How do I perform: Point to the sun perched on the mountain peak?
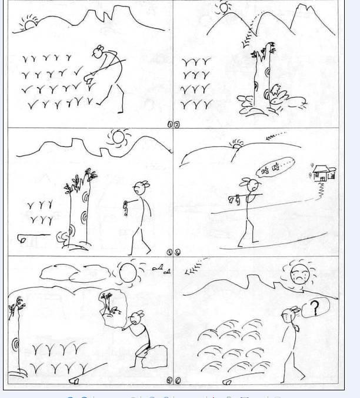pos(224,8)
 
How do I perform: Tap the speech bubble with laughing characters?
pos(275,168)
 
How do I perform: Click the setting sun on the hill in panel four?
pos(238,145)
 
